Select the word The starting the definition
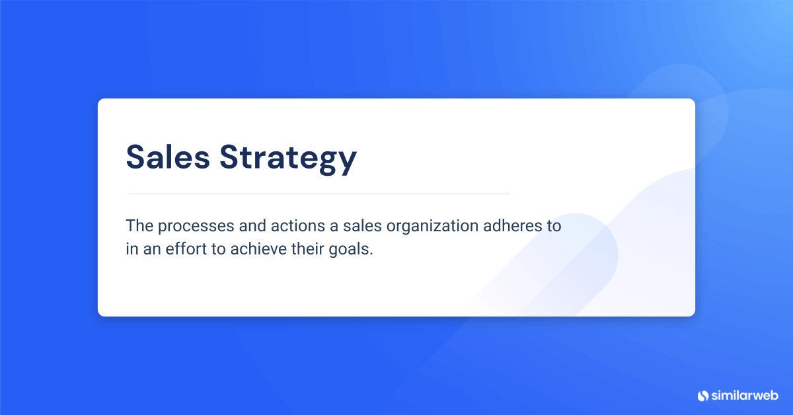139,225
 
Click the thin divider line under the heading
319,194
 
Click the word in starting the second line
131,250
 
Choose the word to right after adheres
553,226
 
